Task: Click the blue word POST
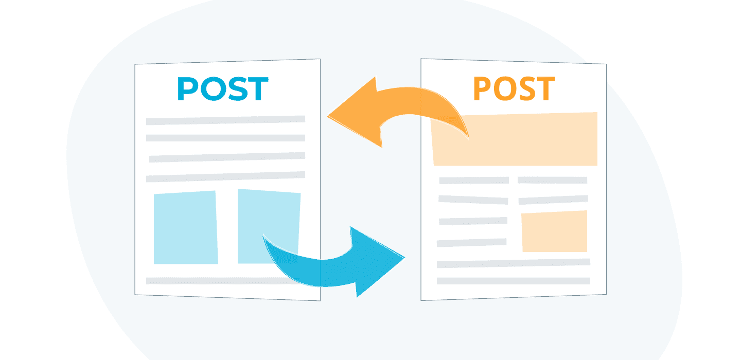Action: tap(222, 89)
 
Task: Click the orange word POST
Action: tap(514, 89)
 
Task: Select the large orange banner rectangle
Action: tap(515, 139)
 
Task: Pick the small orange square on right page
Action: tap(554, 231)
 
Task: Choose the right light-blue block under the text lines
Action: tap(269, 219)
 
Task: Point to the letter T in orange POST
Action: tap(544, 89)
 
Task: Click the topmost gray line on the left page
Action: tap(225, 120)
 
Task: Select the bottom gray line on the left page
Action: tap(225, 281)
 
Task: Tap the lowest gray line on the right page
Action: tap(513, 281)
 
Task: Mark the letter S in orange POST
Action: tap(523, 89)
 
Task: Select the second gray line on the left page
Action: tap(225, 138)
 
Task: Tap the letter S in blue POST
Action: tap(236, 89)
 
